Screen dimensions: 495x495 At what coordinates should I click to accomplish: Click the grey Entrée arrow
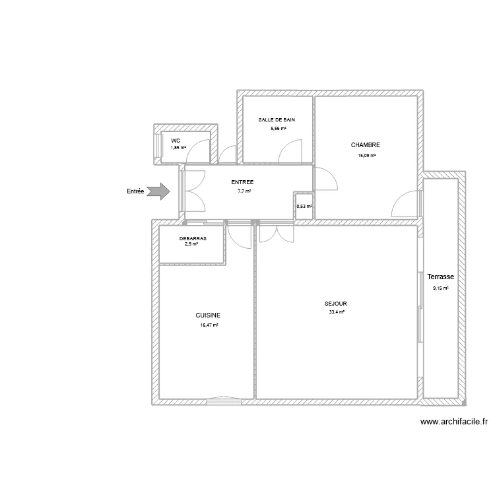pyautogui.click(x=158, y=191)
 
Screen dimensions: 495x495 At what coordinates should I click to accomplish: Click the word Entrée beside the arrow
pyautogui.click(x=135, y=191)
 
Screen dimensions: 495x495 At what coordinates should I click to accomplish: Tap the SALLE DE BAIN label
pyautogui.click(x=277, y=119)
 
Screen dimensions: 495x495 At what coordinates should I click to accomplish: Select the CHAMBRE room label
pyautogui.click(x=366, y=145)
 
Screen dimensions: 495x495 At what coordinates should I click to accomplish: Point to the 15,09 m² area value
pyautogui.click(x=366, y=156)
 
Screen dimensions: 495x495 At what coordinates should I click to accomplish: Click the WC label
pyautogui.click(x=176, y=141)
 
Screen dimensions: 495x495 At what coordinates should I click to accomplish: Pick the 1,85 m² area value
pyautogui.click(x=178, y=148)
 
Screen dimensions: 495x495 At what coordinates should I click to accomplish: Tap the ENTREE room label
pyautogui.click(x=243, y=182)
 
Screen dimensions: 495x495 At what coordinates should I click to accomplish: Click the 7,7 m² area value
pyautogui.click(x=244, y=191)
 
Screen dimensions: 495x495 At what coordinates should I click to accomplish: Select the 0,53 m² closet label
pyautogui.click(x=304, y=207)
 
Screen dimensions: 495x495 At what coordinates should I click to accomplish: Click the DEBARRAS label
pyautogui.click(x=193, y=238)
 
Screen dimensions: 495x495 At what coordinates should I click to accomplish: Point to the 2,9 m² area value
pyautogui.click(x=191, y=244)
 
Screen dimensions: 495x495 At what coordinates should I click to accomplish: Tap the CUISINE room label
pyautogui.click(x=208, y=315)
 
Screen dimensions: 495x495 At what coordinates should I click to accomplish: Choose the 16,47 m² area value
pyautogui.click(x=209, y=325)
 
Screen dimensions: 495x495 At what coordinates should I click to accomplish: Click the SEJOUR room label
pyautogui.click(x=336, y=304)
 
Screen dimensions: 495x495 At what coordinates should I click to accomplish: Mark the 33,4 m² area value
pyautogui.click(x=337, y=312)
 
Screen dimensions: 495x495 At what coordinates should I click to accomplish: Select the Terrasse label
pyautogui.click(x=441, y=277)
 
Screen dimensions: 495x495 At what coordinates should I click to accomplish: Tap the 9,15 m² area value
pyautogui.click(x=440, y=288)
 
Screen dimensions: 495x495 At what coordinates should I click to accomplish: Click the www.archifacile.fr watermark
pyautogui.click(x=453, y=422)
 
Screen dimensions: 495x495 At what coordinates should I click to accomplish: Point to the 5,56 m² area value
pyautogui.click(x=278, y=128)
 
